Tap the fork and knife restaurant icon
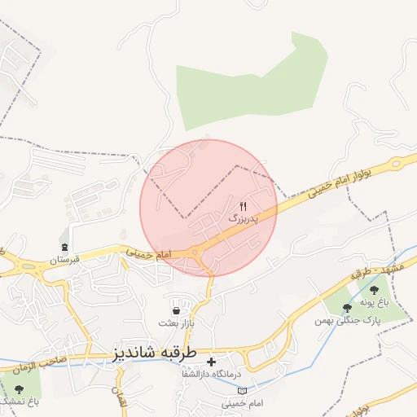click(x=243, y=206)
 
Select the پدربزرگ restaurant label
click(x=243, y=219)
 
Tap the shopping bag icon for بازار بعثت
click(x=176, y=309)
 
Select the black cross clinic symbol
click(x=212, y=361)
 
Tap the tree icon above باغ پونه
click(x=375, y=289)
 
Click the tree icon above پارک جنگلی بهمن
click(x=348, y=308)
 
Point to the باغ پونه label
click(x=376, y=302)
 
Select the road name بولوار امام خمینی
click(x=344, y=187)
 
